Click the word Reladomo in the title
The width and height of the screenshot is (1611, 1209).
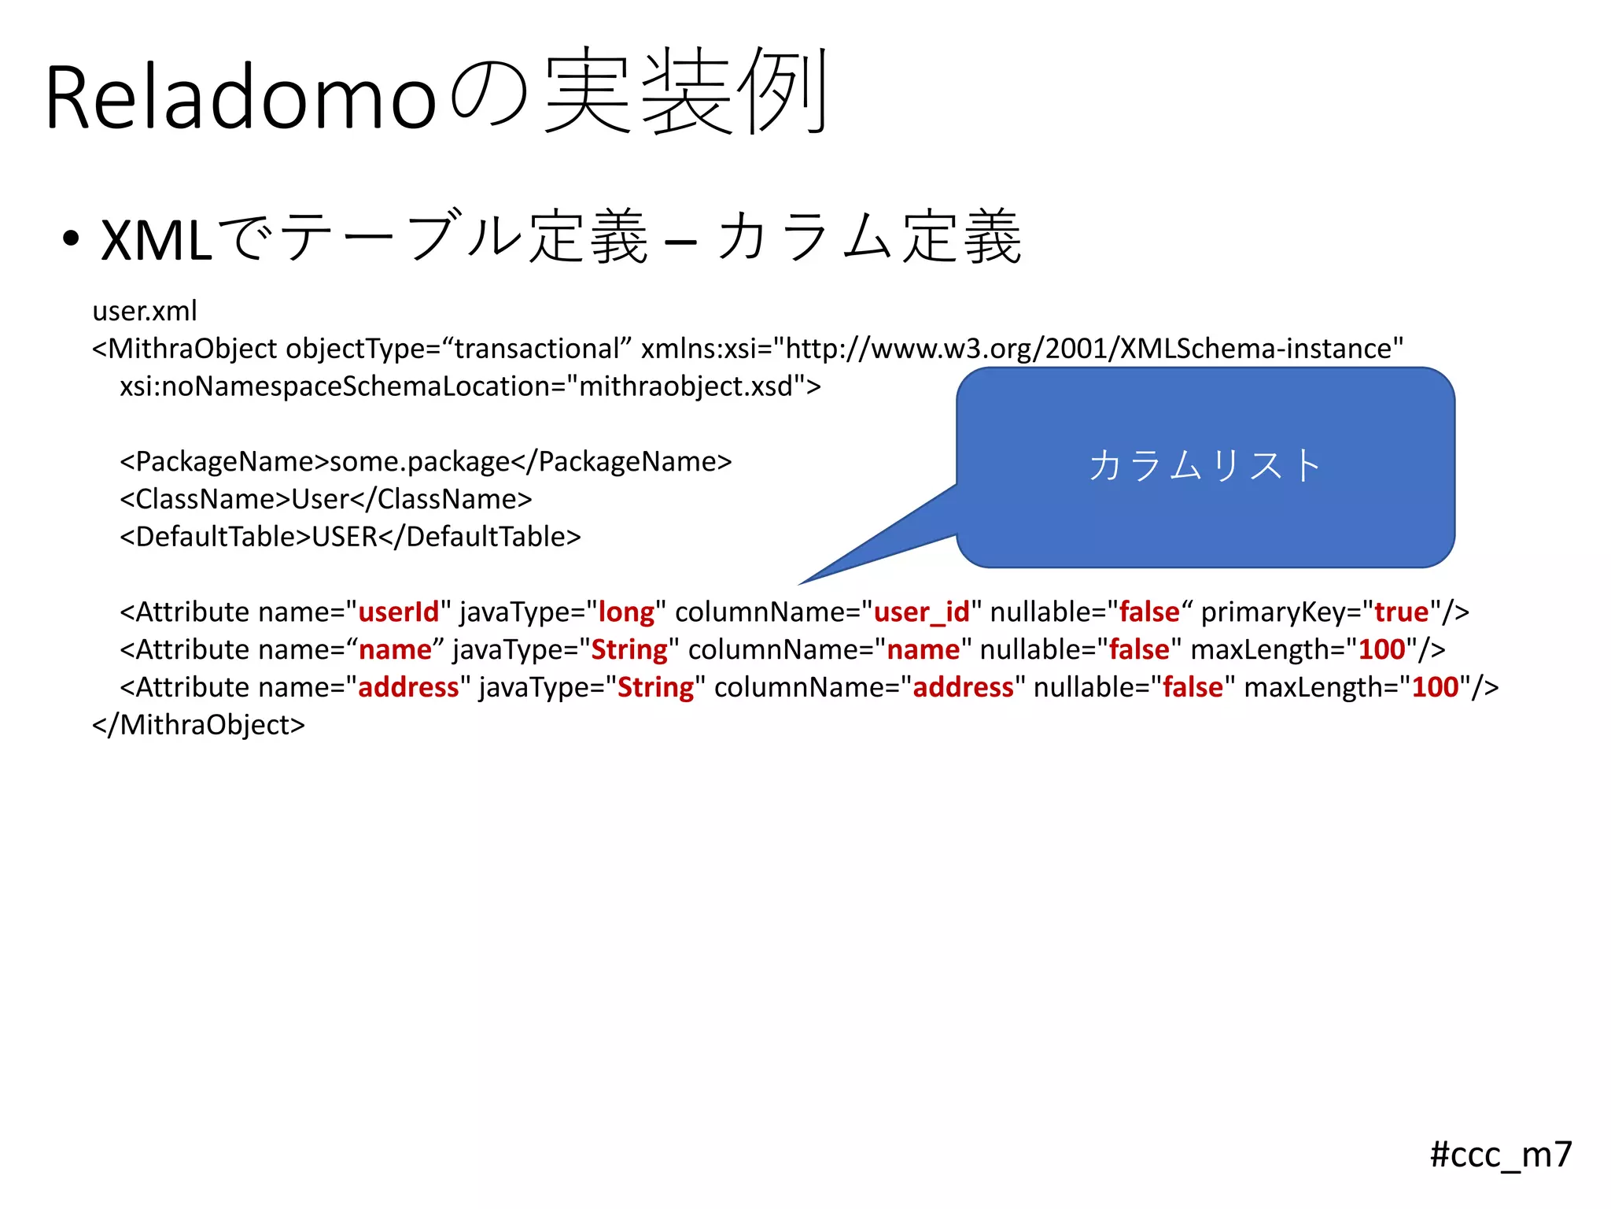[240, 98]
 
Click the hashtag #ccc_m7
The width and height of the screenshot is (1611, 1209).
[1500, 1155]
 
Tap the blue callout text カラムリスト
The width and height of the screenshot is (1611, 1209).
[1205, 465]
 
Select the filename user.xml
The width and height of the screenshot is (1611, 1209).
[145, 311]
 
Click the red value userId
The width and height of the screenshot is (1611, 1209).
[398, 612]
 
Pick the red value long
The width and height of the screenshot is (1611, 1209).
[626, 612]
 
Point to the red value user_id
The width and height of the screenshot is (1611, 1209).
[921, 612]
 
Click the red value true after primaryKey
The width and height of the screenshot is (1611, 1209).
[1401, 612]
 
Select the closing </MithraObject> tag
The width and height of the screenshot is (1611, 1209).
[198, 725]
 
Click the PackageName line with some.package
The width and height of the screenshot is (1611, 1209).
[426, 462]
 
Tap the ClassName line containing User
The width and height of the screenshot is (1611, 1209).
[326, 499]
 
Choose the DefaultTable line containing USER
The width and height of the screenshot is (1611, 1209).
[350, 537]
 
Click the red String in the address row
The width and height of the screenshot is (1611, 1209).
[655, 688]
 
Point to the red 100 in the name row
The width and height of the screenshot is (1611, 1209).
[1382, 650]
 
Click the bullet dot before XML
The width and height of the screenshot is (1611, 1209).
[71, 238]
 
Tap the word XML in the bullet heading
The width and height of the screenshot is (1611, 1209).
[157, 240]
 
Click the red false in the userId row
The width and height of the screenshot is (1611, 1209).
[1149, 612]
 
